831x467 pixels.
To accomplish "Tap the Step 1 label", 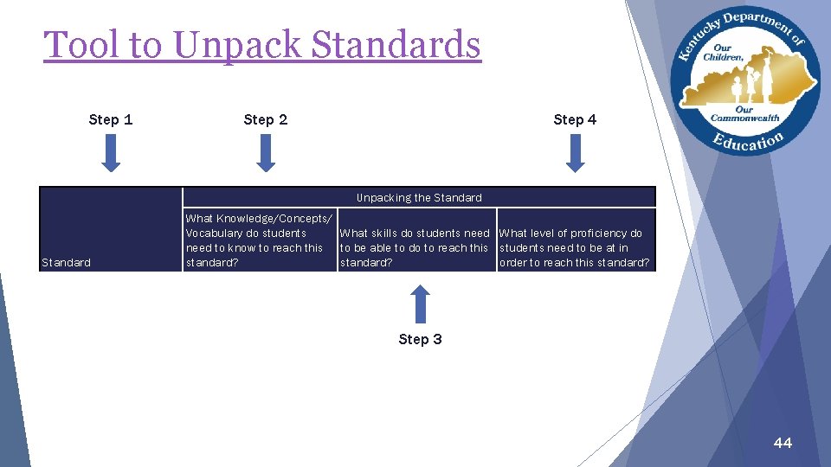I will click(x=111, y=119).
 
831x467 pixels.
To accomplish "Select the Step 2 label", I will click(x=266, y=119).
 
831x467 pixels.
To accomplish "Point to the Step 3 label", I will click(x=420, y=339).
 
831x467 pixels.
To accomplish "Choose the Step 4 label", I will click(x=575, y=119).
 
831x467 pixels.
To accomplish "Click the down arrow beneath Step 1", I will click(x=111, y=153).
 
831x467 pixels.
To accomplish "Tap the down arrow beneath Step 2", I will click(x=266, y=153).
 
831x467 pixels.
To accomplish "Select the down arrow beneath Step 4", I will click(x=575, y=153).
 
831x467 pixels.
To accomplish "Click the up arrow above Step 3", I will click(x=420, y=304).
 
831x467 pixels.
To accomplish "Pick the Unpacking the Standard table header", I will click(x=419, y=198).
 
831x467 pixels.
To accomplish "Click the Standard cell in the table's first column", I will click(x=66, y=262).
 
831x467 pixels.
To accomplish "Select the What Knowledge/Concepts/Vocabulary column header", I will click(x=259, y=240).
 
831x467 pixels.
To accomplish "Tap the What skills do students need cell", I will click(x=415, y=247).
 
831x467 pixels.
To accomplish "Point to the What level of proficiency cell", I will click(x=574, y=247).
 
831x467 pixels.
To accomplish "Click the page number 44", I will click(x=783, y=443).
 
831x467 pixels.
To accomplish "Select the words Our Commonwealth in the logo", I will click(x=744, y=114).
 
